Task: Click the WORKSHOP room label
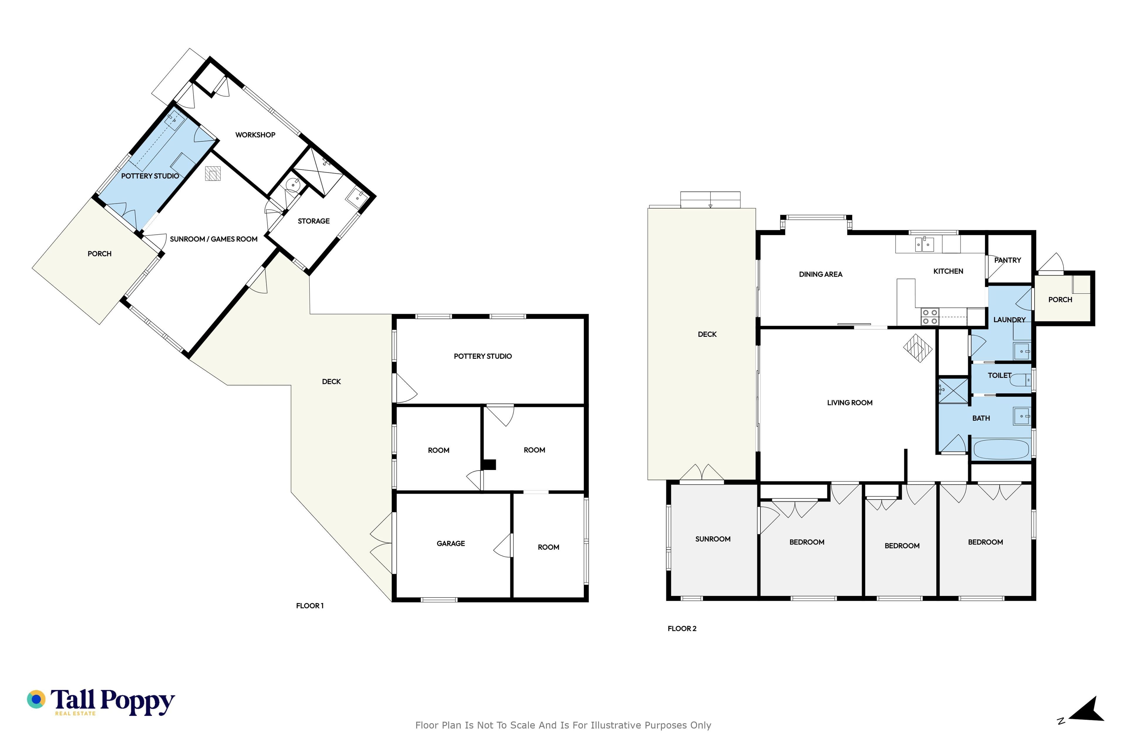coord(255,135)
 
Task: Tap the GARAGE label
coord(451,544)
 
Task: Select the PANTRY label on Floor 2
coord(1007,260)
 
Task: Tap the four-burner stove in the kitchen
coord(929,317)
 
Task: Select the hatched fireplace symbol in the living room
coord(918,348)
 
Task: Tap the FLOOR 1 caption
coord(310,606)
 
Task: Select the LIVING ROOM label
coord(850,403)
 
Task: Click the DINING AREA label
coord(820,275)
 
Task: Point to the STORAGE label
coord(313,221)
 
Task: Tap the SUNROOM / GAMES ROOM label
coord(214,239)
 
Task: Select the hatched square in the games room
coord(213,173)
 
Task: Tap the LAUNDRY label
coord(1009,320)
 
